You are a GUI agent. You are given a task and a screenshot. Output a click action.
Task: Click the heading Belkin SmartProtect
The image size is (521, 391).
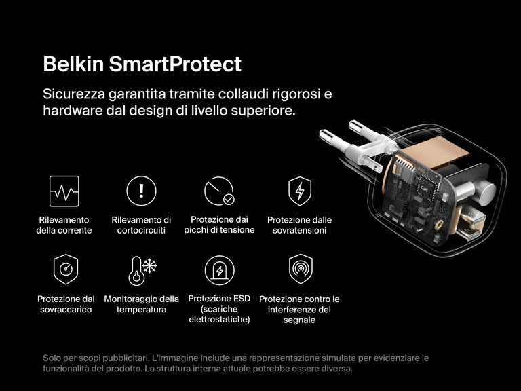point(142,64)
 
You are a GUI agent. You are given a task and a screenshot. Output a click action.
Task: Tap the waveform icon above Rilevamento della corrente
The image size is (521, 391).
point(64,191)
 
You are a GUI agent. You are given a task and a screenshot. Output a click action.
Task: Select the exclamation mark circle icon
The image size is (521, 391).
point(141,191)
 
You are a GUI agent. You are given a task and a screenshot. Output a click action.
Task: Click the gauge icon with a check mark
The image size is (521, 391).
point(219,191)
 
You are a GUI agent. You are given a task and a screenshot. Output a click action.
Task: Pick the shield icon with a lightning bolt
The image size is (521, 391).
point(299,191)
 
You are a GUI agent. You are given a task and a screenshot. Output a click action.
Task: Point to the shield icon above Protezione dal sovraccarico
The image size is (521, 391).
point(65,269)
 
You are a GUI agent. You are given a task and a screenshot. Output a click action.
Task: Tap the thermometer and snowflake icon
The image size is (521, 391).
point(141,269)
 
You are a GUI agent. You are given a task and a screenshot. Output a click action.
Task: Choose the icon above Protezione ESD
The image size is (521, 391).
point(219,269)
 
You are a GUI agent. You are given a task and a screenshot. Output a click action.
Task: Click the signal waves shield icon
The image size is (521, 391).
point(299,269)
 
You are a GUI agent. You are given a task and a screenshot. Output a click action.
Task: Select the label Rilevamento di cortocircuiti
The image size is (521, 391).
point(141,225)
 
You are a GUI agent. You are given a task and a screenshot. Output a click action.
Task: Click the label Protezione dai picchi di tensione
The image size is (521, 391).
point(219,225)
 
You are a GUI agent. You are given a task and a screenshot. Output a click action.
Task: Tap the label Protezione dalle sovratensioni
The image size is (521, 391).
point(299,225)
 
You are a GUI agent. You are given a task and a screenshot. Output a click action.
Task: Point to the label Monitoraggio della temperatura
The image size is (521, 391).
point(141,304)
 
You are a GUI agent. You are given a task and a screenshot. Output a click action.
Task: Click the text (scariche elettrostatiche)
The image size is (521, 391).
point(219,314)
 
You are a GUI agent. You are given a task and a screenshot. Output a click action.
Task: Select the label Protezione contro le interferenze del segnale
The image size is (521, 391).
point(299,310)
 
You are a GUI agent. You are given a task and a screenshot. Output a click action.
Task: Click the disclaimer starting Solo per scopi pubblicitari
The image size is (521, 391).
point(235,363)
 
